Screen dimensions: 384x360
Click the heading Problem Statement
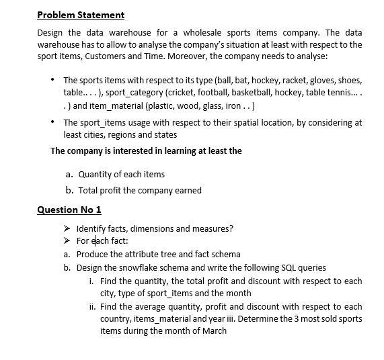point(81,15)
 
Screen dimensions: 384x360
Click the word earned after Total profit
point(183,190)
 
